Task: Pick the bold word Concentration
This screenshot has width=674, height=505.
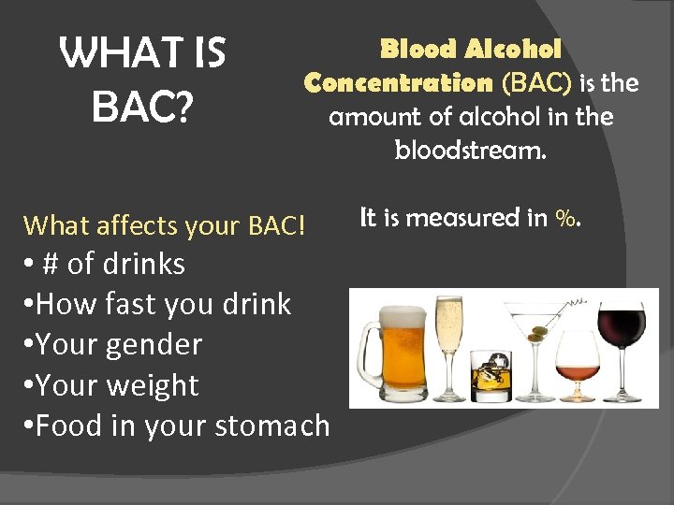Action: pyautogui.click(x=399, y=83)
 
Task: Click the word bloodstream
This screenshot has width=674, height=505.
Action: pyautogui.click(x=470, y=151)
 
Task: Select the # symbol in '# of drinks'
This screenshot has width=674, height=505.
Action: pyautogui.click(x=52, y=265)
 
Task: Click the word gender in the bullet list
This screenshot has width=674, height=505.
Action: pyautogui.click(x=154, y=345)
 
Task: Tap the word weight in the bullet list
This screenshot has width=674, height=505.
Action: pyautogui.click(x=153, y=385)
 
